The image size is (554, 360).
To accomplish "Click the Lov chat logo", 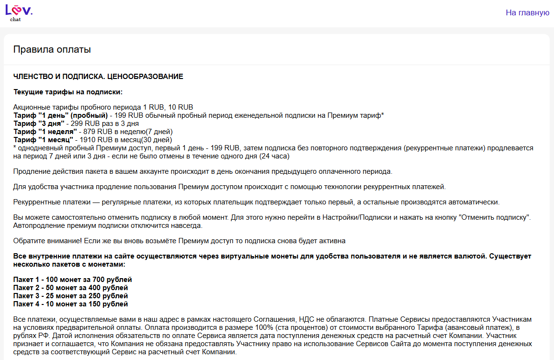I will click(19, 12).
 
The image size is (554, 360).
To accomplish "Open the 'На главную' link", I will click(527, 12).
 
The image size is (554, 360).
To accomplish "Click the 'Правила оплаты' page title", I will click(52, 50).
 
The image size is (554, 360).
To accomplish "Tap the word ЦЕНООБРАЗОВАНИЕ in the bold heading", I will click(145, 77).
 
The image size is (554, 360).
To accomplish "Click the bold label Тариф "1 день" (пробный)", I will click(60, 115).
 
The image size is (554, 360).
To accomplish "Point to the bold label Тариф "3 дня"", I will click(39, 124).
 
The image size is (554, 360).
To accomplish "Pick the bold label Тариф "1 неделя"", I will click(45, 132).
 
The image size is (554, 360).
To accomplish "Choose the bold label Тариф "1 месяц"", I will click(43, 140).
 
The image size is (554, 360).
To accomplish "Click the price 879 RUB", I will click(98, 132).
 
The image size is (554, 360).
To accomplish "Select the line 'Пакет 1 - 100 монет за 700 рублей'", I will click(72, 280).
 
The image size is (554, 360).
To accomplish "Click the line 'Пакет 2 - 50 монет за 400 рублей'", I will click(70, 288).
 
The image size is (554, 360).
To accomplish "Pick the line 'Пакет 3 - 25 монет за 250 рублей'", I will click(70, 296).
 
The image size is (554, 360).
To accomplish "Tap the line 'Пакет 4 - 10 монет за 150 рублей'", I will click(70, 304).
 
